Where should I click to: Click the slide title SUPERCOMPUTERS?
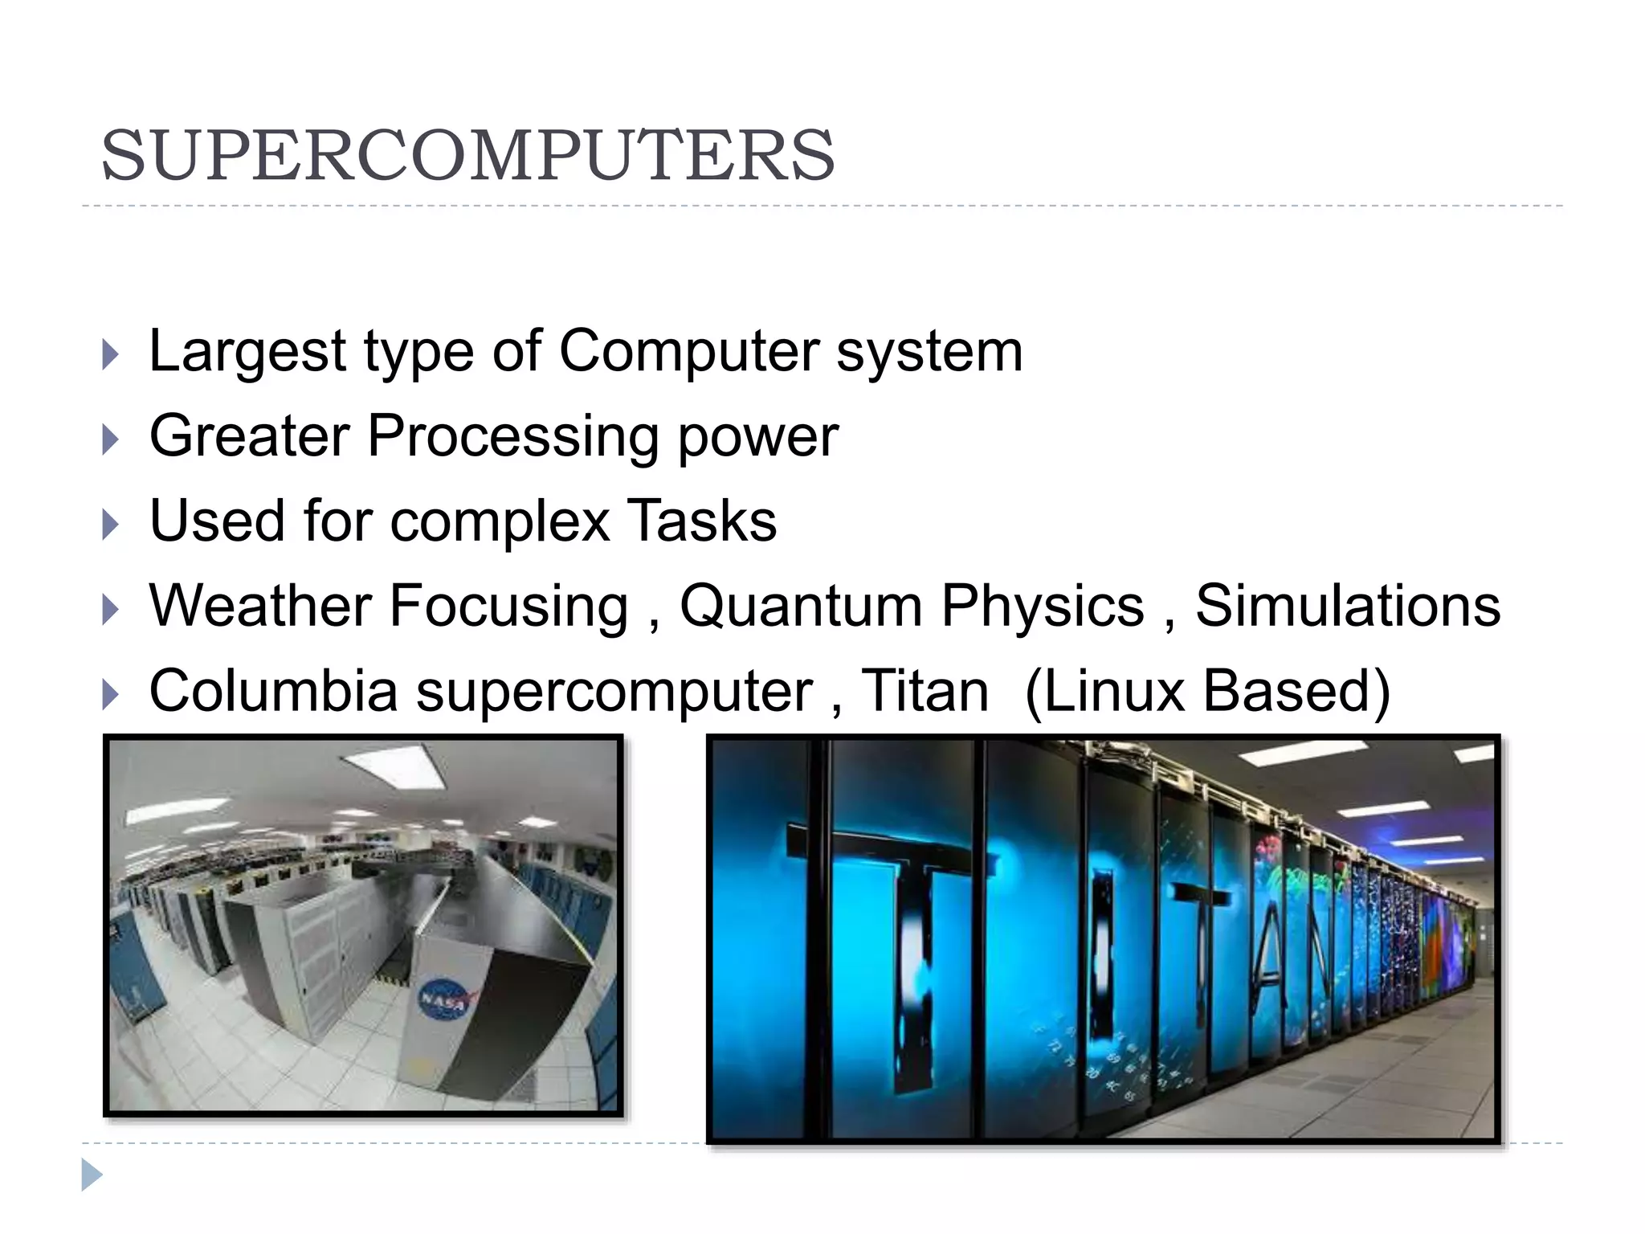[x=467, y=155]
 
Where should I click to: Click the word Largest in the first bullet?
[x=247, y=352]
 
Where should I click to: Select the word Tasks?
[x=701, y=521]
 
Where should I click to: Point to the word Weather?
[x=260, y=606]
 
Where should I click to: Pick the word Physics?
[x=1042, y=606]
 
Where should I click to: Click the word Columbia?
[x=273, y=691]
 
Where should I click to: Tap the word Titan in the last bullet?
[x=925, y=691]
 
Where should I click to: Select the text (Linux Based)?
[x=1207, y=691]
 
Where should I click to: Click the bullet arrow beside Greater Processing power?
[x=111, y=439]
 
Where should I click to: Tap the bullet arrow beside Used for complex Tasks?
[x=111, y=525]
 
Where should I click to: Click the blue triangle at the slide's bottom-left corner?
[x=92, y=1175]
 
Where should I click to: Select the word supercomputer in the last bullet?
[x=614, y=691]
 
